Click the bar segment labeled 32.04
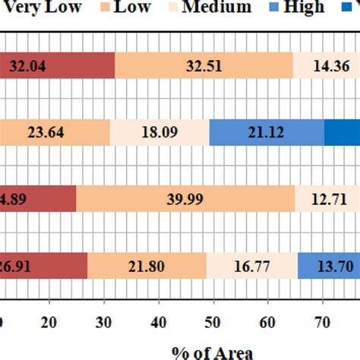(57, 65)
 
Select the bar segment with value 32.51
(203, 65)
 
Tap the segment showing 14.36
(327, 65)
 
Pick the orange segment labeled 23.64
(55, 133)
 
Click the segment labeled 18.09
(159, 133)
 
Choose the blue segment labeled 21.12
(267, 133)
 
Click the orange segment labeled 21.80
(147, 267)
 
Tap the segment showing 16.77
(251, 267)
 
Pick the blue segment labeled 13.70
(328, 267)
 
